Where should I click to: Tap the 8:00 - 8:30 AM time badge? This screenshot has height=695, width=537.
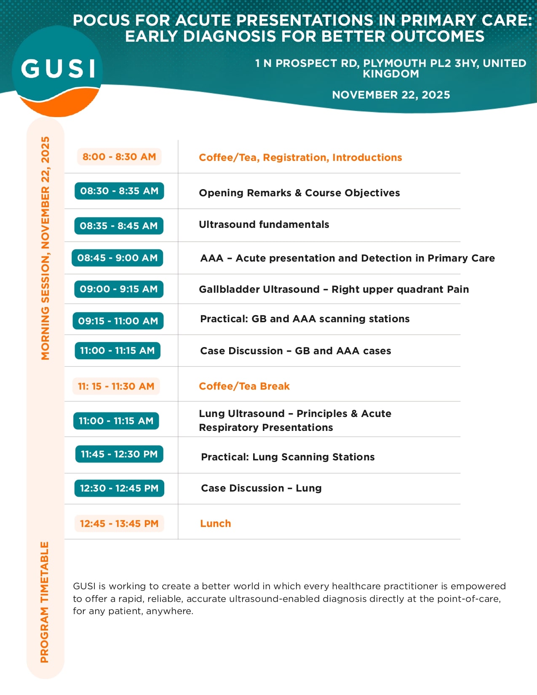click(119, 157)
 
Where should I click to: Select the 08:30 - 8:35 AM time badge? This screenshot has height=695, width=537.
click(119, 191)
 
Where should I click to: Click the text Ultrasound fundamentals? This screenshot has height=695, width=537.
click(264, 225)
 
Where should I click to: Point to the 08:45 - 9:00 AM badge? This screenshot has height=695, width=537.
click(118, 258)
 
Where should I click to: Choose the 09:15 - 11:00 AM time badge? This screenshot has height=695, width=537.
click(118, 321)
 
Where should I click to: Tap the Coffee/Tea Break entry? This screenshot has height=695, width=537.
click(244, 386)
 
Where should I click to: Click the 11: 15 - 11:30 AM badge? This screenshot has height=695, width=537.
click(116, 386)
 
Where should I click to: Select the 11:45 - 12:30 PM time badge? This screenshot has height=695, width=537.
click(119, 454)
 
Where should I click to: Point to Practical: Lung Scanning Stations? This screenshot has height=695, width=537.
click(288, 457)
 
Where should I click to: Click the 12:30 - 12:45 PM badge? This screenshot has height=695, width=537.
click(119, 488)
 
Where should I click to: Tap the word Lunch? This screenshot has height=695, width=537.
click(216, 524)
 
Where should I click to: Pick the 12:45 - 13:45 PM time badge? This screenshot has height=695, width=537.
click(119, 524)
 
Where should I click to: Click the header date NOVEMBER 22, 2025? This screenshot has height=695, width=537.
click(391, 95)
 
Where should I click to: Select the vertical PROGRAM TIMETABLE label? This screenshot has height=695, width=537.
click(45, 602)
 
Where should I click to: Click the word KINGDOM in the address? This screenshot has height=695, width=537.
click(391, 74)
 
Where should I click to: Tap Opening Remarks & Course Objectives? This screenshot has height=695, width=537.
click(299, 193)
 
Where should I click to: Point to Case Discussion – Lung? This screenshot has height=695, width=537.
click(261, 488)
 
